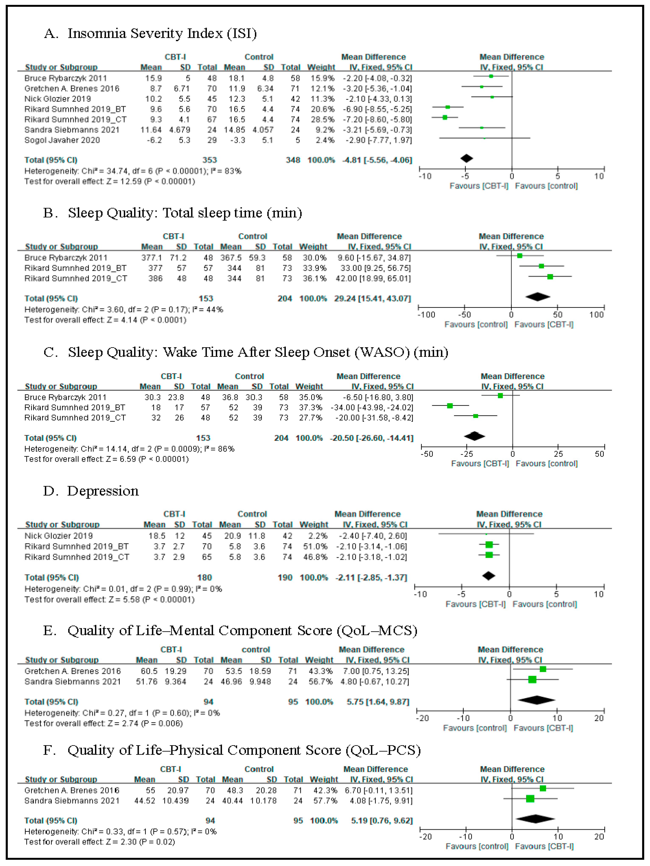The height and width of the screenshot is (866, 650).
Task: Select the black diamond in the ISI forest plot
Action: (467, 159)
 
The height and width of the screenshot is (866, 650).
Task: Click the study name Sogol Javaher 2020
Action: (62, 140)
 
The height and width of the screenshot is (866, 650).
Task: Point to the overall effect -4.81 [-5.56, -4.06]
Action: (377, 160)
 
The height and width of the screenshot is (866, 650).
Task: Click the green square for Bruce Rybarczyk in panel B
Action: (520, 256)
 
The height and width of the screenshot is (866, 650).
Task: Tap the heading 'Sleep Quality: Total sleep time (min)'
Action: (185, 213)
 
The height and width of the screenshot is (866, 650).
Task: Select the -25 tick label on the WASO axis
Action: (467, 454)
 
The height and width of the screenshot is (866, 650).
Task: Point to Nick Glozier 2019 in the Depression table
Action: (59, 536)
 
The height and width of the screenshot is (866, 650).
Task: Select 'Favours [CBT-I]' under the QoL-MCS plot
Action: (543, 728)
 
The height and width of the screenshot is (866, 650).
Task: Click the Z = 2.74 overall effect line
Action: (103, 724)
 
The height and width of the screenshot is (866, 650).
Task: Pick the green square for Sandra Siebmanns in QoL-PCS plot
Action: (530, 799)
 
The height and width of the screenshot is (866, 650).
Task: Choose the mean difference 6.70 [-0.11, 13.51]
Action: (378, 791)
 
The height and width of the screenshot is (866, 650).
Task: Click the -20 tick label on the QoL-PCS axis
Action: (425, 837)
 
